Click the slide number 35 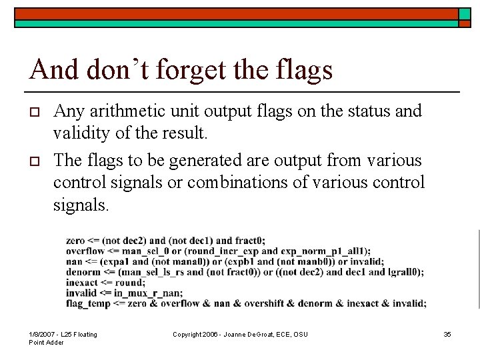[x=447, y=334]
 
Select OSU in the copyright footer [x=299, y=334]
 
